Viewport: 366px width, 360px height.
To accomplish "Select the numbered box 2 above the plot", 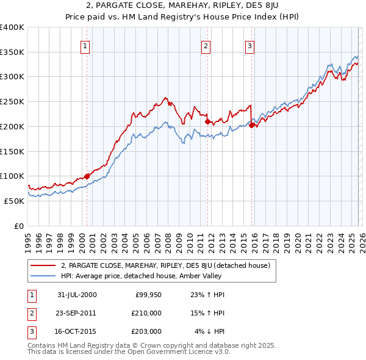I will click(x=206, y=45).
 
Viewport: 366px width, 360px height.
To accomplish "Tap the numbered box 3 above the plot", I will click(x=250, y=45).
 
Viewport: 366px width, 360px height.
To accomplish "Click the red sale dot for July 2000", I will click(x=87, y=176).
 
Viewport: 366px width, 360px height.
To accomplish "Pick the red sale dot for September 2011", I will click(x=207, y=121).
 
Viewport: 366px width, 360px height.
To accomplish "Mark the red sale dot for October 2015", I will click(x=251, y=125).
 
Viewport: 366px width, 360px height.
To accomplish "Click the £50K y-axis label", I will click(x=14, y=201).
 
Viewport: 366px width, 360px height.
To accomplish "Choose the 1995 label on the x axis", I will click(x=28, y=240).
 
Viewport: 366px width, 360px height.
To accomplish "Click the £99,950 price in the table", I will click(x=148, y=295).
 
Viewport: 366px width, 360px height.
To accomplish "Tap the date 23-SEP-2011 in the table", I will click(x=76, y=313).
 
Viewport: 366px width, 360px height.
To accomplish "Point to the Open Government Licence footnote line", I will click(x=129, y=352).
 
